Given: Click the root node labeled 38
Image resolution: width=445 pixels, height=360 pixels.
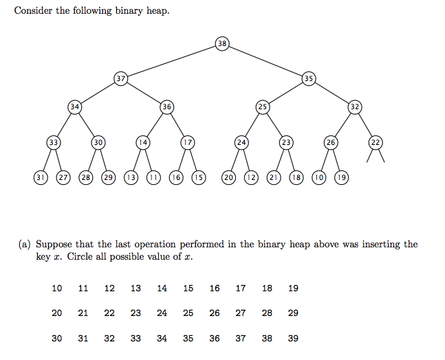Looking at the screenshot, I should pyautogui.click(x=221, y=44).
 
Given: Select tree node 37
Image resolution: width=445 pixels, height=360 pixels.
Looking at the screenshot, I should pyautogui.click(x=121, y=78).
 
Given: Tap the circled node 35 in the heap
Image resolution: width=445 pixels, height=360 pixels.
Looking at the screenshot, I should pyautogui.click(x=309, y=78).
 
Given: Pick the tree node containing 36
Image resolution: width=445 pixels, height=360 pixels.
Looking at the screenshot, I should pyautogui.click(x=166, y=106).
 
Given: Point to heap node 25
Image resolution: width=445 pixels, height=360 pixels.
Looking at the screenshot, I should pyautogui.click(x=262, y=106).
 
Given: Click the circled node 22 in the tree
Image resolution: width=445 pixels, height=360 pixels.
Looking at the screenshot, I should pyautogui.click(x=376, y=142).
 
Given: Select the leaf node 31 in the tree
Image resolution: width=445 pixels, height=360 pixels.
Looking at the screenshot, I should pyautogui.click(x=40, y=177).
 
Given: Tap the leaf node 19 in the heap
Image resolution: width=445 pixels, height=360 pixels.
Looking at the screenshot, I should pyautogui.click(x=342, y=177).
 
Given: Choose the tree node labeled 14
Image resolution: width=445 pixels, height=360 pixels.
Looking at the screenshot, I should pyautogui.click(x=143, y=142).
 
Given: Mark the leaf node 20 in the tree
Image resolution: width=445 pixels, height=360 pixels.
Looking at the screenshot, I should pyautogui.click(x=229, y=177).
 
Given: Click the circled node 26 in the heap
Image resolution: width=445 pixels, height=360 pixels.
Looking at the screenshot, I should pyautogui.click(x=331, y=142).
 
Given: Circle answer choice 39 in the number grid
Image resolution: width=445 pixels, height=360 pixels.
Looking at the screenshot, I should pyautogui.click(x=293, y=338).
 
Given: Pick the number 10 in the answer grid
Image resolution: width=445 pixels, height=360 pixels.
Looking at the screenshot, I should pyautogui.click(x=57, y=288).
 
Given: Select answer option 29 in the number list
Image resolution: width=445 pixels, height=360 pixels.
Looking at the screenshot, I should pyautogui.click(x=293, y=313).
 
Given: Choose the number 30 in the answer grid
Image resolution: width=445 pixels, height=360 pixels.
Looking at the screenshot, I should pyautogui.click(x=57, y=338).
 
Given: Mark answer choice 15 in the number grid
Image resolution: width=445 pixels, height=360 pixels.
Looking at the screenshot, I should pyautogui.click(x=188, y=288).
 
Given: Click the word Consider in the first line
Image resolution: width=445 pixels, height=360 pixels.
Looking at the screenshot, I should pyautogui.click(x=32, y=12).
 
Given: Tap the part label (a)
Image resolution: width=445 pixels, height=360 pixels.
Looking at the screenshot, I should pyautogui.click(x=25, y=245).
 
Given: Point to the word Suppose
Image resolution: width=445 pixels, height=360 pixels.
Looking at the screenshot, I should pyautogui.click(x=54, y=245).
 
